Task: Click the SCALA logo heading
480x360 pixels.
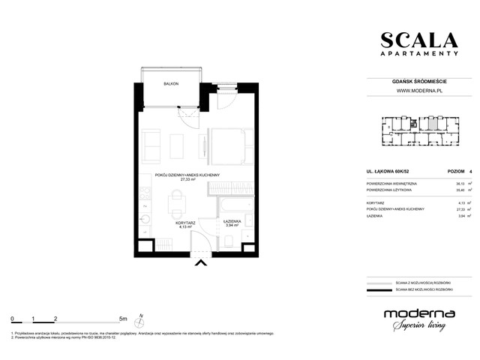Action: pyautogui.click(x=418, y=41)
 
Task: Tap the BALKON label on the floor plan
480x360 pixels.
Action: pyautogui.click(x=172, y=85)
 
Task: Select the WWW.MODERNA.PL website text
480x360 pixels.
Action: pyautogui.click(x=418, y=91)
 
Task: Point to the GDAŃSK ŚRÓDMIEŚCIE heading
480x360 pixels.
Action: pyautogui.click(x=418, y=81)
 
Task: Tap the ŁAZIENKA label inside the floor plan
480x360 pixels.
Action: pyautogui.click(x=232, y=221)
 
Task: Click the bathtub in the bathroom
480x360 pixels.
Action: pyautogui.click(x=235, y=204)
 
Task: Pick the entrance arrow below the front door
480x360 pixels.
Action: pyautogui.click(x=200, y=262)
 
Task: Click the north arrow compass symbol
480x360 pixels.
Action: pyautogui.click(x=140, y=320)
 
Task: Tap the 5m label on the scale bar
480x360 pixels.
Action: pyautogui.click(x=124, y=318)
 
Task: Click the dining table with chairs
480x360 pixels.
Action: pyautogui.click(x=176, y=200)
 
